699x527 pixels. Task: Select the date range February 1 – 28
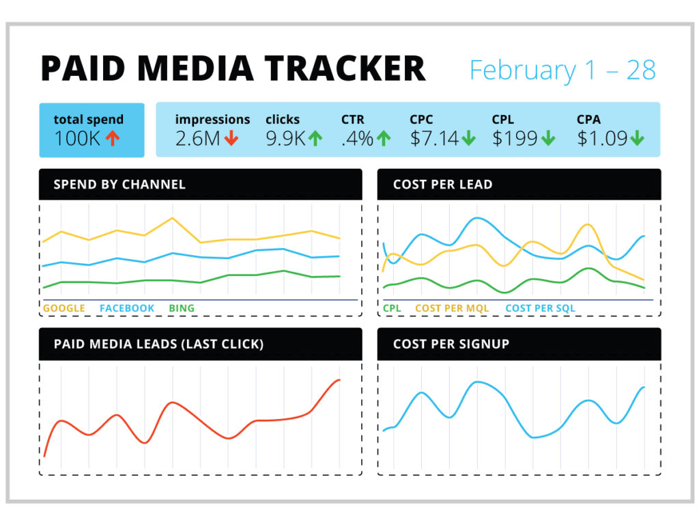pyautogui.click(x=562, y=70)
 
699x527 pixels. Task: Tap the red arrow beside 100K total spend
pyautogui.click(x=113, y=139)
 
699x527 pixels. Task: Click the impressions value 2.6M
pyautogui.click(x=197, y=139)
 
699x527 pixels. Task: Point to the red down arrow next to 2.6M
pyautogui.click(x=231, y=139)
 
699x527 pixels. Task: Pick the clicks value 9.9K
pyautogui.click(x=285, y=139)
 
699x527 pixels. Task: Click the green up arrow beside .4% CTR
pyautogui.click(x=384, y=139)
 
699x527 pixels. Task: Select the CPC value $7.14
pyautogui.click(x=434, y=139)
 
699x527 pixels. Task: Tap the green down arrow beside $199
pyautogui.click(x=548, y=139)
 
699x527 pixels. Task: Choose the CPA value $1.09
pyautogui.click(x=601, y=139)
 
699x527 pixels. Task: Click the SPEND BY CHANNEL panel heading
pyautogui.click(x=119, y=185)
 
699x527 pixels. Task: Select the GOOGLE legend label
pyautogui.click(x=64, y=308)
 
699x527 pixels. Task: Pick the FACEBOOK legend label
pyautogui.click(x=127, y=308)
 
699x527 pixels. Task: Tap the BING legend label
pyautogui.click(x=182, y=308)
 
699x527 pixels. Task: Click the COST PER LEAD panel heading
pyautogui.click(x=442, y=185)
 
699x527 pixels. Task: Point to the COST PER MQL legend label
pyautogui.click(x=452, y=308)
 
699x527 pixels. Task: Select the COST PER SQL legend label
pyautogui.click(x=540, y=308)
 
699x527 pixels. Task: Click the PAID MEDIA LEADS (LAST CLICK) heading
pyautogui.click(x=158, y=344)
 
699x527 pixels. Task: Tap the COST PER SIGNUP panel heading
pyautogui.click(x=451, y=344)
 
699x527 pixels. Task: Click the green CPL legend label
pyautogui.click(x=392, y=308)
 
